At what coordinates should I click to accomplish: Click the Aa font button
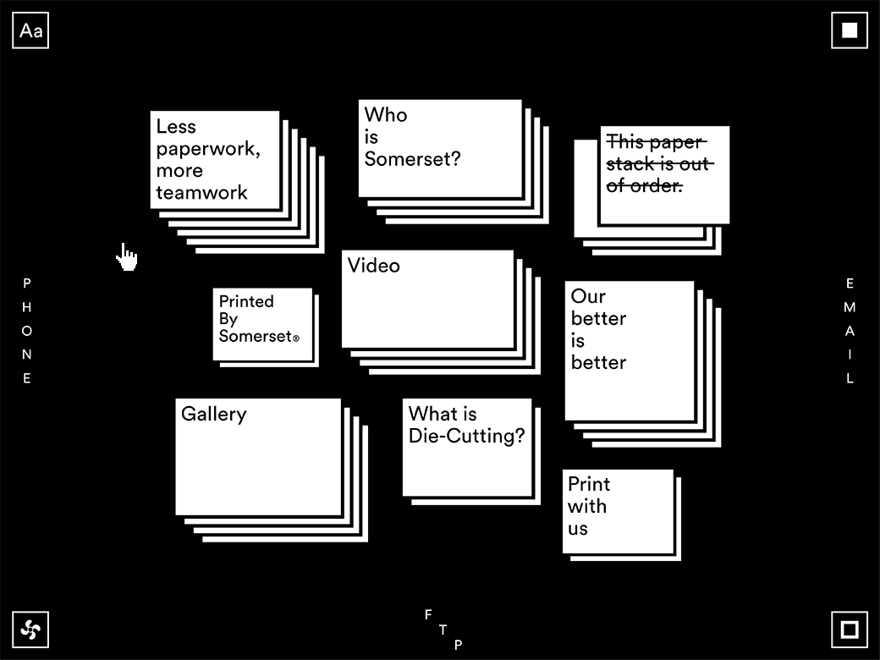30,30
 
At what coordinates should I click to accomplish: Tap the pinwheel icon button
30,630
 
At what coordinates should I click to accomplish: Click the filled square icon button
850,30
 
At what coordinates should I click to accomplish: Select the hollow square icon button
850,630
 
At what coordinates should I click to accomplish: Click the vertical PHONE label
26,331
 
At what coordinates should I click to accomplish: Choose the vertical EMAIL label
850,331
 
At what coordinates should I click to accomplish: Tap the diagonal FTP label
443,630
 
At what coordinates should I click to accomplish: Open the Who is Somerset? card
440,149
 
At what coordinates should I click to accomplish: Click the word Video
373,266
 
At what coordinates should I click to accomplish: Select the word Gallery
214,414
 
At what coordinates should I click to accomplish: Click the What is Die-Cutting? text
466,425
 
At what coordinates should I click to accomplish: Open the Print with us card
618,511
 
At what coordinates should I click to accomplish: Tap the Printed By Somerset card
262,324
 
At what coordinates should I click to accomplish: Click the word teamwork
201,193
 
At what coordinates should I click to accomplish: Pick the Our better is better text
598,329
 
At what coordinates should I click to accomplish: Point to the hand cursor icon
127,257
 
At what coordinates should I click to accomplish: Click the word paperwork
206,149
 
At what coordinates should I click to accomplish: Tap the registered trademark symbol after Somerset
296,338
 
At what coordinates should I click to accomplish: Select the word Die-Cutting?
466,436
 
